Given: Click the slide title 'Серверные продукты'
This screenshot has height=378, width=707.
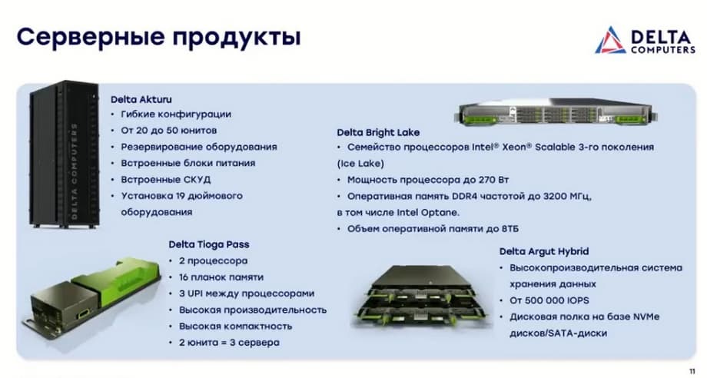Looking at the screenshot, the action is (x=159, y=37).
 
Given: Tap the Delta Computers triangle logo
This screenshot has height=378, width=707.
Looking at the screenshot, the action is (x=609, y=40).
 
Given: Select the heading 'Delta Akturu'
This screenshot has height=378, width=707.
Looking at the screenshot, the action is (x=141, y=100).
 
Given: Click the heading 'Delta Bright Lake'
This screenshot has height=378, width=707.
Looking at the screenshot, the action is (x=378, y=132).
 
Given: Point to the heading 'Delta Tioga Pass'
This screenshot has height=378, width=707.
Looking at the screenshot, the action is (x=209, y=244).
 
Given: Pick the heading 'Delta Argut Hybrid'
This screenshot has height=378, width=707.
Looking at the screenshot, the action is (x=544, y=251).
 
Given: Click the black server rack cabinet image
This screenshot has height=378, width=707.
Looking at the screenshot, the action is (x=64, y=154).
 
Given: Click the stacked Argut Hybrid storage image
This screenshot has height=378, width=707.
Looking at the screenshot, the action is (x=421, y=296).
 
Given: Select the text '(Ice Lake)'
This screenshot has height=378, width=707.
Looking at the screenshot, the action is (x=360, y=164).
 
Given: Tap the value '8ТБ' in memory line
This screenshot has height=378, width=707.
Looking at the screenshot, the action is (x=510, y=229).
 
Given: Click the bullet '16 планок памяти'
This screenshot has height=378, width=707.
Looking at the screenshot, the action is (x=221, y=277).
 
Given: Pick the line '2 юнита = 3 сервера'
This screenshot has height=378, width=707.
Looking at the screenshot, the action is (x=229, y=343).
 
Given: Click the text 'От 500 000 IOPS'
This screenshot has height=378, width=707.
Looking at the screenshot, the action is (x=549, y=300).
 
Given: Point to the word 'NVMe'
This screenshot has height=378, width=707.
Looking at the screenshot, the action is (x=646, y=317).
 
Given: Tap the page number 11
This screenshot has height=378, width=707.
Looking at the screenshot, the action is (x=692, y=371).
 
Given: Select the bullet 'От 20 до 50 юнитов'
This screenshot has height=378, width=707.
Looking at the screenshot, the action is (x=168, y=131).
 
